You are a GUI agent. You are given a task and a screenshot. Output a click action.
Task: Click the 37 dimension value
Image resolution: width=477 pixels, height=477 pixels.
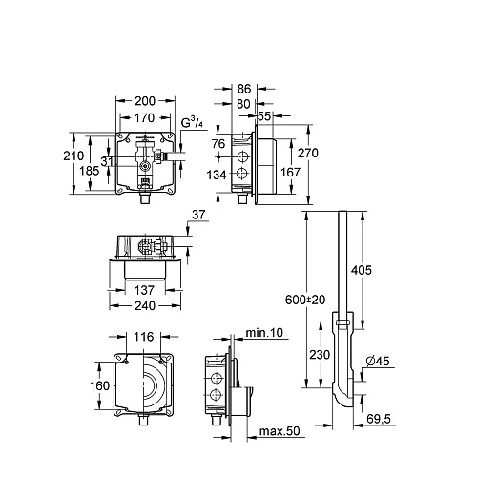[x=198, y=213]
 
